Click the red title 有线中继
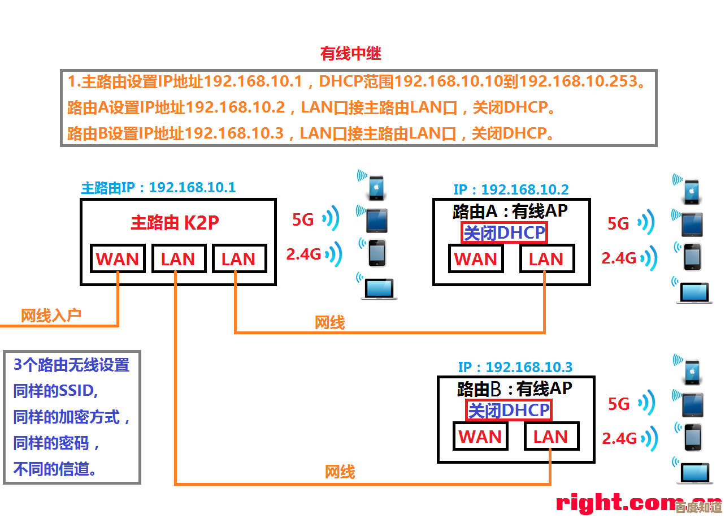point(351,54)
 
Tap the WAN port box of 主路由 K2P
point(118,259)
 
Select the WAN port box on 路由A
point(475,259)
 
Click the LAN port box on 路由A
point(546,259)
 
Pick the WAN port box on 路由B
point(480,437)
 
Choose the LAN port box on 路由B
point(550,437)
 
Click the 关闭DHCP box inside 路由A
point(505,232)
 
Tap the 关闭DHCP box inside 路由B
point(509,410)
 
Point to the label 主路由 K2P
point(175,222)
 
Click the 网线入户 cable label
point(51,316)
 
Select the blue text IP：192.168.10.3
point(515,367)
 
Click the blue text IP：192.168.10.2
point(511,189)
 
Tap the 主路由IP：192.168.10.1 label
point(158,187)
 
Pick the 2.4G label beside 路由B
point(619,438)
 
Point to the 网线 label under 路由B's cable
point(340,472)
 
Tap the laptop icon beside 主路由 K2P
point(378,288)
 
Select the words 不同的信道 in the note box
point(54,469)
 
